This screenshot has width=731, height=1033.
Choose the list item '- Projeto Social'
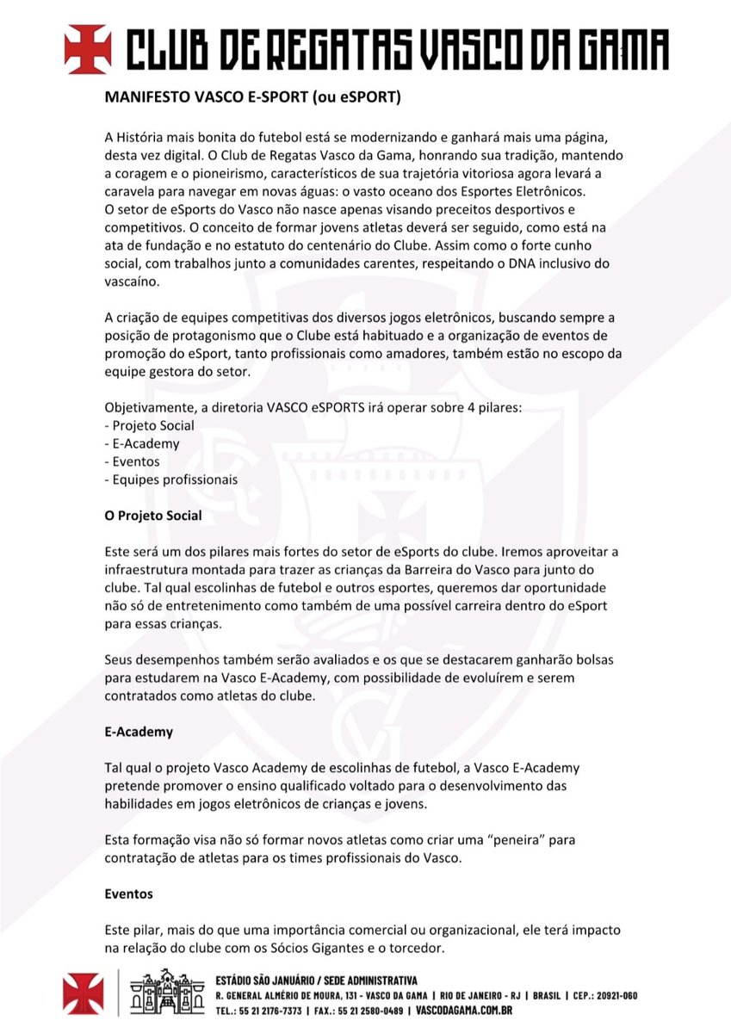(149, 425)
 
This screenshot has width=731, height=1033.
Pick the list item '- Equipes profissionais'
(170, 479)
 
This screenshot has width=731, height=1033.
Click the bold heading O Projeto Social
(153, 516)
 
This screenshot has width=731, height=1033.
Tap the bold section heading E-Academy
(139, 732)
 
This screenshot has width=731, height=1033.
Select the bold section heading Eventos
(128, 894)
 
